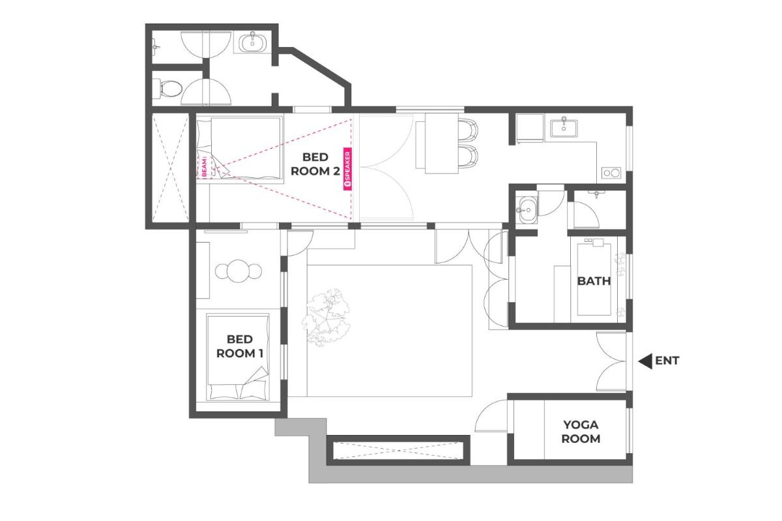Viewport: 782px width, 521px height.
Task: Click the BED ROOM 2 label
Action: click(315, 164)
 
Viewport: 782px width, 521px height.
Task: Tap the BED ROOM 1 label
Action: click(240, 346)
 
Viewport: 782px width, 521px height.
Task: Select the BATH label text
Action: click(594, 280)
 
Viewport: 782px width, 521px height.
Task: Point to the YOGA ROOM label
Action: click(581, 432)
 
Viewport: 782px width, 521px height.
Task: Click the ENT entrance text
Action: click(667, 360)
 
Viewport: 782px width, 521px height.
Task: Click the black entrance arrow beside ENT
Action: click(645, 361)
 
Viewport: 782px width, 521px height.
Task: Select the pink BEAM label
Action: click(205, 167)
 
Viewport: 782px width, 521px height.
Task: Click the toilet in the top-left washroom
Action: click(170, 87)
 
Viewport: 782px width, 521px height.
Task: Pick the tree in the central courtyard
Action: click(326, 317)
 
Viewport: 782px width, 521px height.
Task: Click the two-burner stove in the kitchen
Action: click(611, 173)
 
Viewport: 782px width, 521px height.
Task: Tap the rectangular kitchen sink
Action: click(564, 128)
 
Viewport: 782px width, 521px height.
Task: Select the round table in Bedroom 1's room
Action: click(238, 271)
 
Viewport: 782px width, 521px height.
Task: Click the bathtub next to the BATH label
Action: click(594, 279)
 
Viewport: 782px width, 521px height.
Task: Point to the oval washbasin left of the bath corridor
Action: click(529, 209)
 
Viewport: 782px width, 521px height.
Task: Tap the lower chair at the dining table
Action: click(468, 156)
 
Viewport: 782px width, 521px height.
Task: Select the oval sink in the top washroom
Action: click(252, 43)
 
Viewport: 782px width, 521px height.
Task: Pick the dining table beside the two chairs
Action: click(441, 143)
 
